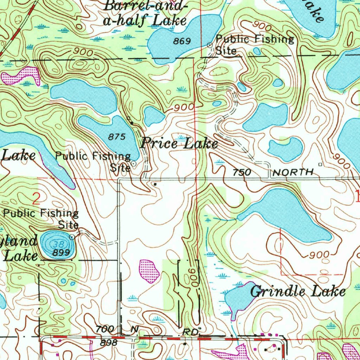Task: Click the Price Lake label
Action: pyautogui.click(x=179, y=144)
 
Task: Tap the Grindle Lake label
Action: pyautogui.click(x=298, y=292)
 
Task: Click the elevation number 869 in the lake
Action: pyautogui.click(x=182, y=41)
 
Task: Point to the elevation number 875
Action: pyautogui.click(x=117, y=137)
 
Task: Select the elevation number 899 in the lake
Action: pyautogui.click(x=61, y=252)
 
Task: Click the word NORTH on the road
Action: pyautogui.click(x=293, y=172)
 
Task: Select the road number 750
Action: pyautogui.click(x=242, y=172)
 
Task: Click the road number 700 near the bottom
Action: pyautogui.click(x=105, y=329)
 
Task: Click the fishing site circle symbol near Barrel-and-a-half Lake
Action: pyautogui.click(x=210, y=45)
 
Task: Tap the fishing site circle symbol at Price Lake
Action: pyautogui.click(x=134, y=163)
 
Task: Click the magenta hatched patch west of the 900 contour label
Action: pyautogui.click(x=149, y=271)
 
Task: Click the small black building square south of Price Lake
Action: pyautogui.click(x=155, y=184)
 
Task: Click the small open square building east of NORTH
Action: pyautogui.click(x=320, y=164)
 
